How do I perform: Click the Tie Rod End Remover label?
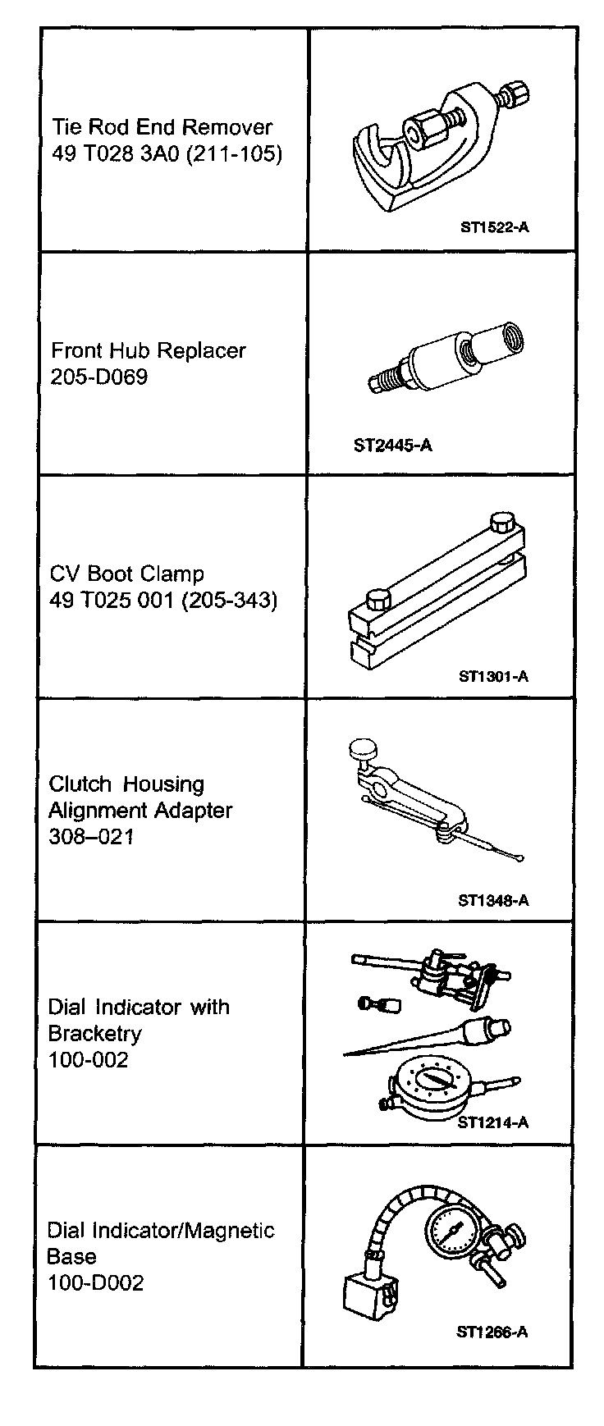[x=162, y=127]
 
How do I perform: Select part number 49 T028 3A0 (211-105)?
[x=167, y=154]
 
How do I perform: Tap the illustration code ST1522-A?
[x=494, y=227]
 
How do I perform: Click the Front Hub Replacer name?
[x=149, y=351]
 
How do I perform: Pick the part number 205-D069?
[x=99, y=378]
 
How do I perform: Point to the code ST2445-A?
[x=392, y=446]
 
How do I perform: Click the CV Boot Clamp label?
[x=126, y=574]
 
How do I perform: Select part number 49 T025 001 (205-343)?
[x=163, y=601]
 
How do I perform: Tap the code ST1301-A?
[x=493, y=677]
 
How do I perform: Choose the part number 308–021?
[x=90, y=837]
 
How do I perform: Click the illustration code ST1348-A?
[x=493, y=900]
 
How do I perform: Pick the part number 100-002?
[x=88, y=1060]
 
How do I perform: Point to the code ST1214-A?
[x=492, y=1122]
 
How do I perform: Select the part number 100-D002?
[x=95, y=1283]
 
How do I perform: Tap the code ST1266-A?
[x=492, y=1332]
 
